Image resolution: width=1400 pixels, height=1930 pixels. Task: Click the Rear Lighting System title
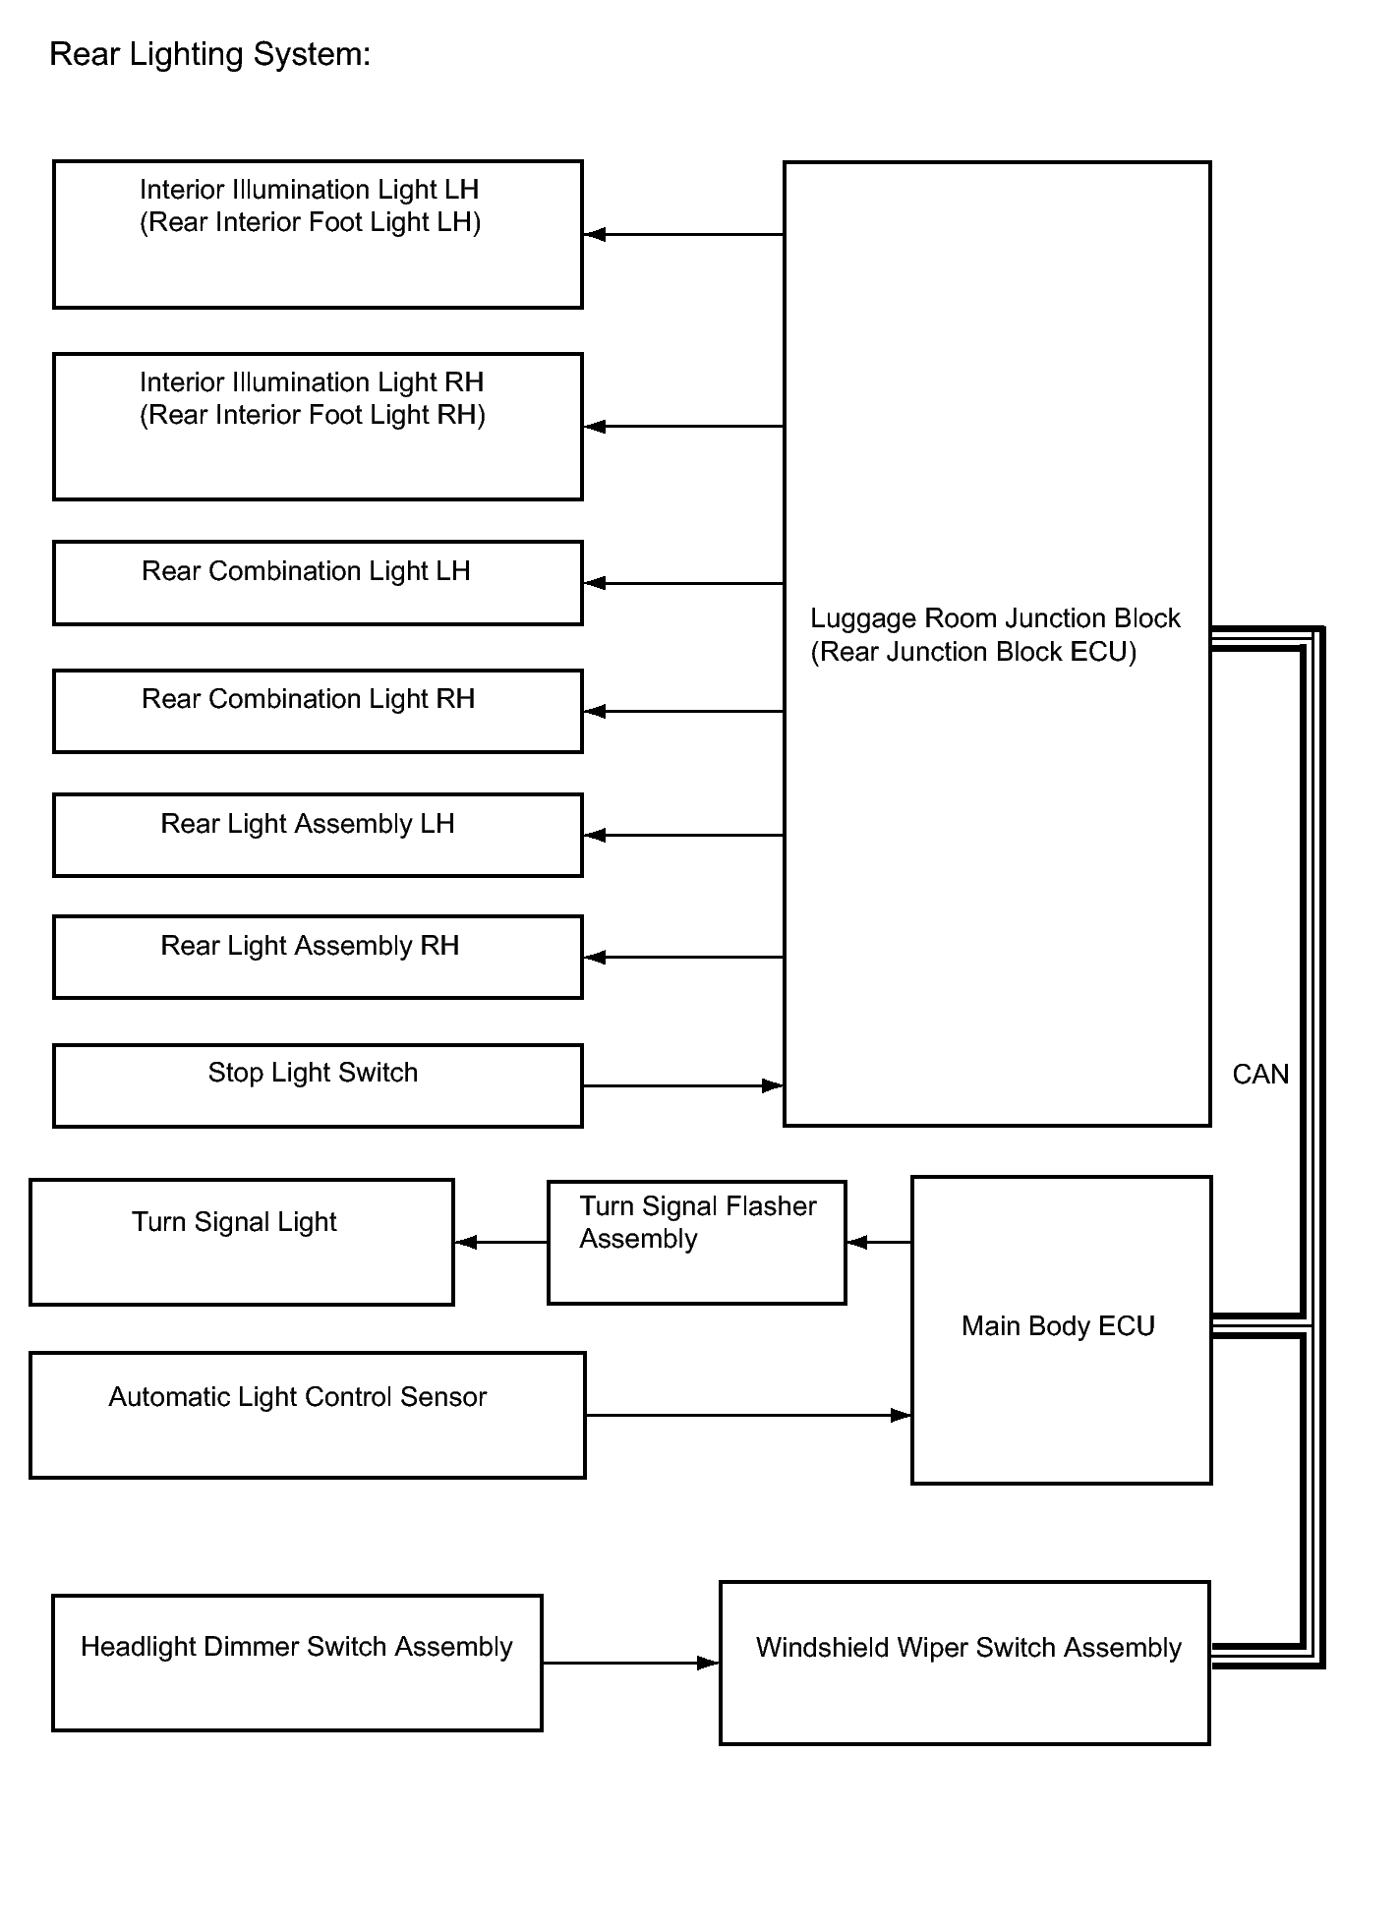point(209,54)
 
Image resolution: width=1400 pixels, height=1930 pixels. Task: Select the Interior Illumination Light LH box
point(318,234)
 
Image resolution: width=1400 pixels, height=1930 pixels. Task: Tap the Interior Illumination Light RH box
point(318,426)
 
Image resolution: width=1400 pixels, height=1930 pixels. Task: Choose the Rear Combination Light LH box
point(318,582)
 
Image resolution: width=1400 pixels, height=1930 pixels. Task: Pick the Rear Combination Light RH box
point(318,711)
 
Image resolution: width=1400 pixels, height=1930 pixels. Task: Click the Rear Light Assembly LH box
point(318,835)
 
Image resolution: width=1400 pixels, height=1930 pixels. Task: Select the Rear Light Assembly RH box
point(318,957)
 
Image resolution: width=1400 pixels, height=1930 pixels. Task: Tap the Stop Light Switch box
point(318,1085)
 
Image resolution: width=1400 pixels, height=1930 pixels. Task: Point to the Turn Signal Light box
point(242,1242)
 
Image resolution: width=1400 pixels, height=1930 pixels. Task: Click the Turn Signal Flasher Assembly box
point(696,1242)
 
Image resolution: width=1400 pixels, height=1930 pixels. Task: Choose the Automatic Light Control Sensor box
point(308,1415)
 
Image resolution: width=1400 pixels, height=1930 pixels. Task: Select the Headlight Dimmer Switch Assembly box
point(297,1663)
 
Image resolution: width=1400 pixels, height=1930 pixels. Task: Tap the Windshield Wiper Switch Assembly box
point(964,1663)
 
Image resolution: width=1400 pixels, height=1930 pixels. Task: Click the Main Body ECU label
point(1058,1326)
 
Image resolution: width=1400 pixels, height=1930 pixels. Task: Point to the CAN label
point(1260,1075)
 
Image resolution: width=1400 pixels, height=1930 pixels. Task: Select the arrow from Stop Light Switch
point(683,1085)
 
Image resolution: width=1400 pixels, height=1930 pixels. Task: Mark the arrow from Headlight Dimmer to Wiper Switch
point(630,1663)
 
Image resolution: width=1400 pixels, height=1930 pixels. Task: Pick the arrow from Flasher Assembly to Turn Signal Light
point(501,1242)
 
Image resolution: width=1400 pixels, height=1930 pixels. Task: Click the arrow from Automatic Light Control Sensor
point(748,1415)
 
